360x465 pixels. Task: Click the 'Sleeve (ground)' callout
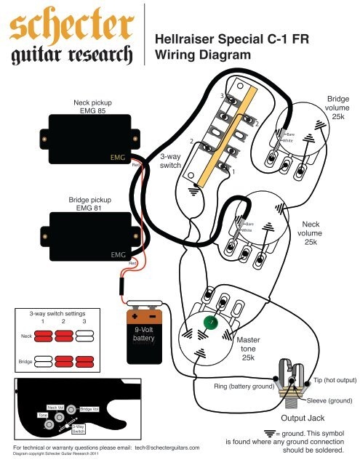329,401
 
